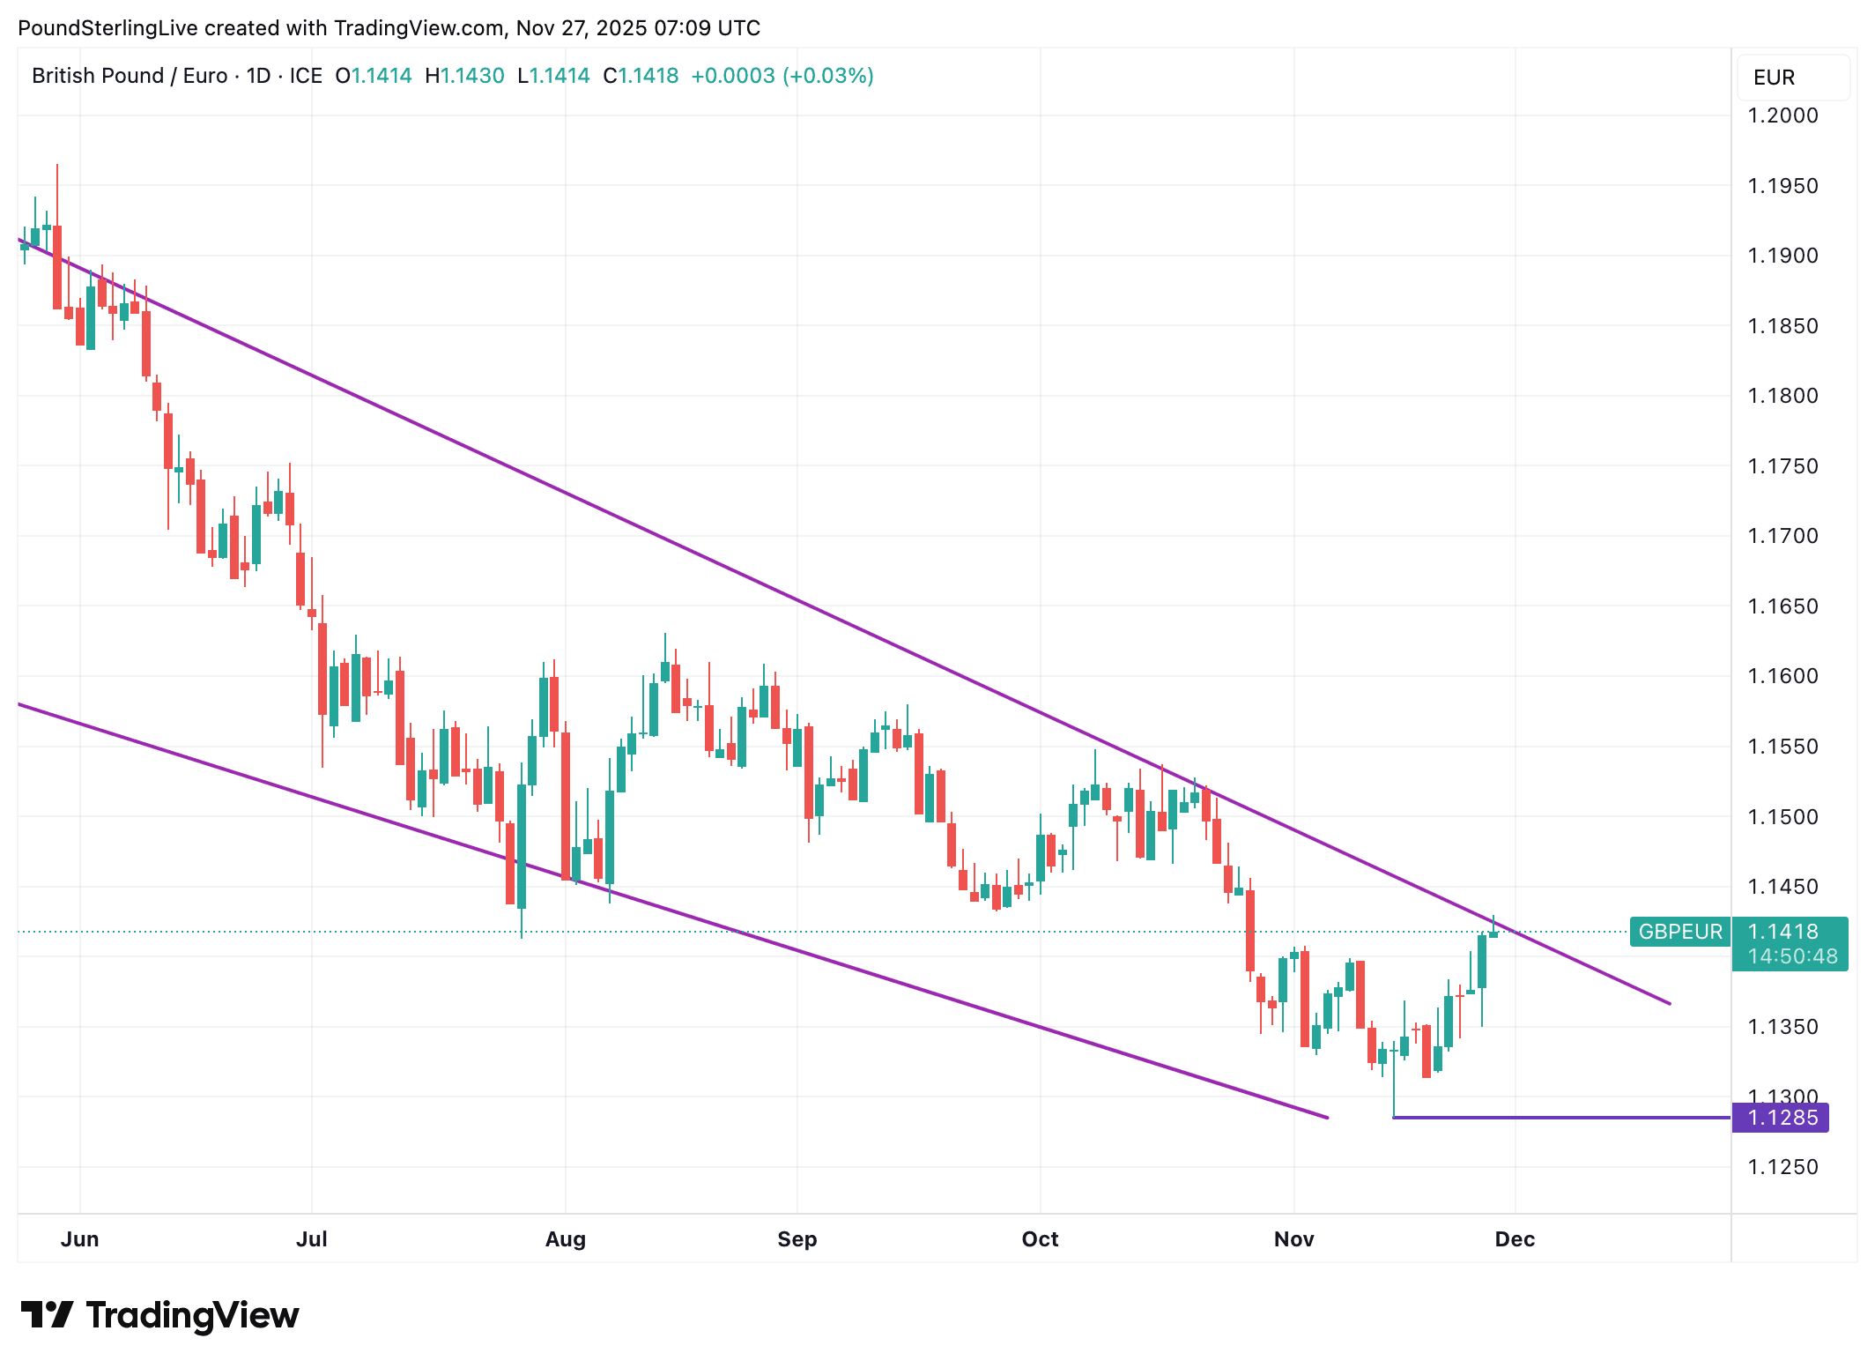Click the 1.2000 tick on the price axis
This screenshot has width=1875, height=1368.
(1782, 115)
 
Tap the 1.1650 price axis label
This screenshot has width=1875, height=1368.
(1782, 606)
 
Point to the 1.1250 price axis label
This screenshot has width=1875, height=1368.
(1782, 1167)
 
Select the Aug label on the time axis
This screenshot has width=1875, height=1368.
(565, 1239)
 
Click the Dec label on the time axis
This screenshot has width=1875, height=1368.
(1515, 1239)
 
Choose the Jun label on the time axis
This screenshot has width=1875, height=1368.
(79, 1239)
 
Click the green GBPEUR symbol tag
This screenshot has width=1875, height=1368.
(1680, 932)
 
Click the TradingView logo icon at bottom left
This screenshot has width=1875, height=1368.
(47, 1315)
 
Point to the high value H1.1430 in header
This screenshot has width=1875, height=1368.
(464, 76)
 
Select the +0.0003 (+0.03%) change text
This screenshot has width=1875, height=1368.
(782, 76)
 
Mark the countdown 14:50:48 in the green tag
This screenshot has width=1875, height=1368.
(1792, 956)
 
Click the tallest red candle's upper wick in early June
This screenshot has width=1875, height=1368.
(57, 194)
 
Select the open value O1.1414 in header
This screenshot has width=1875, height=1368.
(374, 76)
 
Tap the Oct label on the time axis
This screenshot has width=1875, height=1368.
(1040, 1239)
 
